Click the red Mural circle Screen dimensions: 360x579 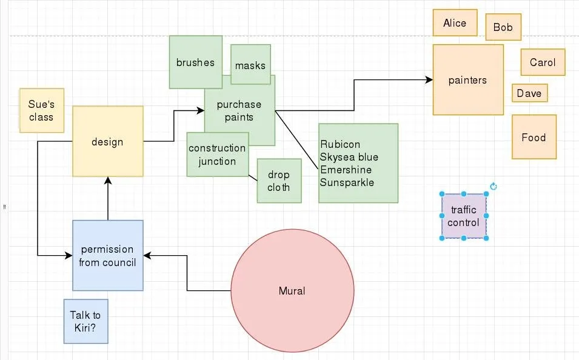coord(292,291)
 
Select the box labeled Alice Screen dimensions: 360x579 coord(455,23)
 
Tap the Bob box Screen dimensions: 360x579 coord(503,27)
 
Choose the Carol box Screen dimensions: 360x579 coord(543,62)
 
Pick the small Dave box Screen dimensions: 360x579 coord(529,93)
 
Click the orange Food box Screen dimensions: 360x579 coord(534,138)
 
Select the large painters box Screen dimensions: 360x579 coord(467,80)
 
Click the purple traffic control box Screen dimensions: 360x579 coord(464,216)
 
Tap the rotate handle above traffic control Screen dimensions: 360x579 coord(494,187)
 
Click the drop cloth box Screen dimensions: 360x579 coord(279,181)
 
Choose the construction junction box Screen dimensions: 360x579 coord(217,155)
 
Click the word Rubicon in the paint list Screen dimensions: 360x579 coord(340,144)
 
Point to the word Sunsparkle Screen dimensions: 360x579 coord(347,182)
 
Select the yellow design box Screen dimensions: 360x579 coord(107,142)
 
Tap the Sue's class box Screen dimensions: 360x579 coord(41,110)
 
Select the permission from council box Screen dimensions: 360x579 coord(107,256)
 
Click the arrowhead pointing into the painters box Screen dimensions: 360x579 coord(429,80)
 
